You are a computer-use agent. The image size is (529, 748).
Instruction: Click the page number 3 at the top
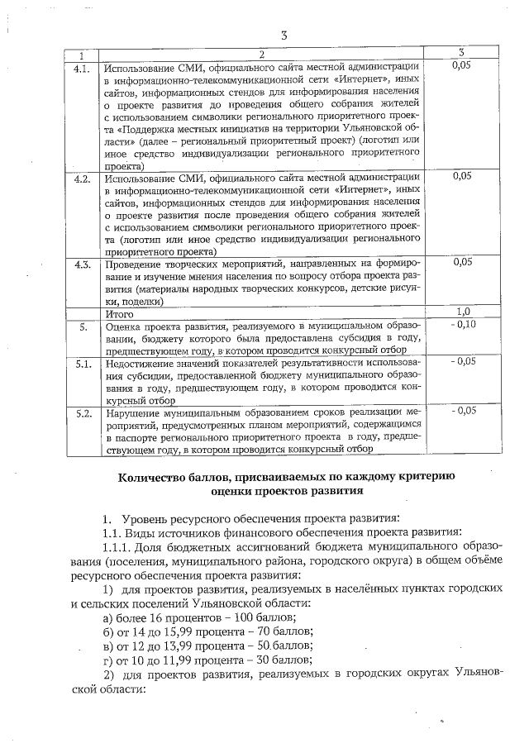pyautogui.click(x=284, y=35)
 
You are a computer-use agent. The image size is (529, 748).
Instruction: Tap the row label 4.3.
pyautogui.click(x=82, y=264)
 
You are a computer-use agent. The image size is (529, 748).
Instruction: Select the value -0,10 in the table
pyautogui.click(x=464, y=325)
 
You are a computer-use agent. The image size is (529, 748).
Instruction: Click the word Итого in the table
pyautogui.click(x=119, y=313)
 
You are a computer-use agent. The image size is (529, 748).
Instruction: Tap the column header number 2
pyautogui.click(x=261, y=54)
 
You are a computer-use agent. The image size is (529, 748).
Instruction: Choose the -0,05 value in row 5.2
pyautogui.click(x=464, y=410)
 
